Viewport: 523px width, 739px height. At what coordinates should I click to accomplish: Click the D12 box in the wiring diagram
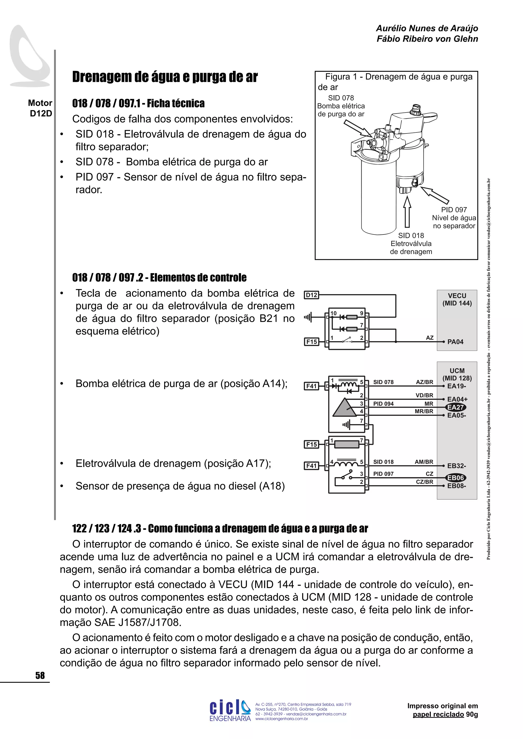[x=311, y=295]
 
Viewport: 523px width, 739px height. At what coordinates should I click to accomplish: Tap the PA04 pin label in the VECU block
[x=455, y=342]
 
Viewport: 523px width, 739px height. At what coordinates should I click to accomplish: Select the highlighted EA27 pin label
[x=456, y=407]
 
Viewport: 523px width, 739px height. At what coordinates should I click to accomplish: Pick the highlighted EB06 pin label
[x=456, y=478]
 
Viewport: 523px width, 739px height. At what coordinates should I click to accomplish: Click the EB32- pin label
[x=456, y=466]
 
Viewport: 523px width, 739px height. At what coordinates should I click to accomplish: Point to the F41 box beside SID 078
[x=311, y=386]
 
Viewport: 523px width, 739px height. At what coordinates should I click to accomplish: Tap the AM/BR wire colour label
[x=424, y=462]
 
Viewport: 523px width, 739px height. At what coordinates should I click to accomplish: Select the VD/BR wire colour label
[x=424, y=395]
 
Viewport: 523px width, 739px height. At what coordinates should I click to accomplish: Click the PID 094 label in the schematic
[x=383, y=404]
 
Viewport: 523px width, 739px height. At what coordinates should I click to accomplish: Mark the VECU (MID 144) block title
[x=457, y=299]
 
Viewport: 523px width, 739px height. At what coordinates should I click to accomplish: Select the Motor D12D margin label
[x=40, y=108]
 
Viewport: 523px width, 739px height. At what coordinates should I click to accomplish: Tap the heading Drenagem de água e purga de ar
[x=165, y=77]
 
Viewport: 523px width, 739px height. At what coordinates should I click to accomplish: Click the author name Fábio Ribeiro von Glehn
[x=427, y=39]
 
